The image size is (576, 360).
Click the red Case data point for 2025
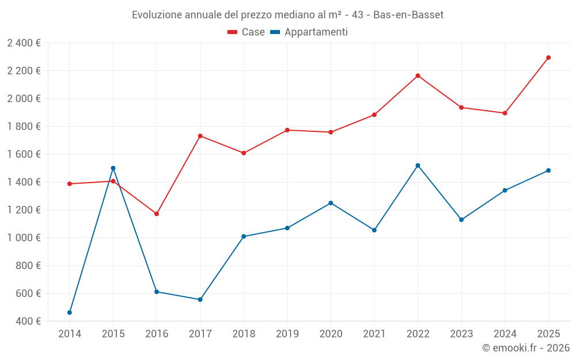[x=548, y=58]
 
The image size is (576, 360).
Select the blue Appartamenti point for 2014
[x=70, y=312]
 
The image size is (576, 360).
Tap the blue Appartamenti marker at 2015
[x=113, y=168]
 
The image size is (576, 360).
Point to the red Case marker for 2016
[x=157, y=214]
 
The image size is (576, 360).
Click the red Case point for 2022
[x=418, y=75]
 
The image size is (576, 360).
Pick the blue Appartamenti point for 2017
[x=200, y=300]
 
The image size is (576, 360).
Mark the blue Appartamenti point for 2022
[x=418, y=165]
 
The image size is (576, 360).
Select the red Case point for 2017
[x=200, y=136]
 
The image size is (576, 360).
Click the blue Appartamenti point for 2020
[x=331, y=203]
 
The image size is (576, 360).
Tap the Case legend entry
[x=247, y=32]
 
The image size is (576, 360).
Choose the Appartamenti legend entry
[x=309, y=32]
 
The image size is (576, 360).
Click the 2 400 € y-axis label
[x=24, y=43]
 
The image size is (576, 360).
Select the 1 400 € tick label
[x=24, y=182]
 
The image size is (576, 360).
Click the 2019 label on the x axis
[x=287, y=334]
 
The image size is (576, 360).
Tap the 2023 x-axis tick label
[x=461, y=334]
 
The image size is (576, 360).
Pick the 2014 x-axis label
[x=70, y=334]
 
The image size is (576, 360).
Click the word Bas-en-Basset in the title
[x=408, y=15]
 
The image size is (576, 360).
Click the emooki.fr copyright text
[x=525, y=348]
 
